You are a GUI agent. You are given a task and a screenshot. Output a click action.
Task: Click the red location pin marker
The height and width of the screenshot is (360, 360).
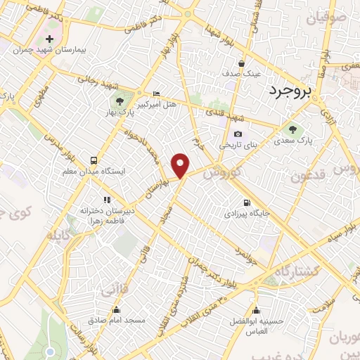[181, 165]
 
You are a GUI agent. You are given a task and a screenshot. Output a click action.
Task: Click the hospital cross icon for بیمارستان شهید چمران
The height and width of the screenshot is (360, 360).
[49, 39]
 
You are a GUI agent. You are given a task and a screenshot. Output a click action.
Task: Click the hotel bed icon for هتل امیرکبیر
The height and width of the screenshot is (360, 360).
[156, 94]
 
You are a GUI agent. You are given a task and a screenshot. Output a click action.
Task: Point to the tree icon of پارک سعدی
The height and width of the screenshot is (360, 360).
[292, 129]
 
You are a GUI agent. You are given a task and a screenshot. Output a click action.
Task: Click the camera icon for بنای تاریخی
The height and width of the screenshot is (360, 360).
[238, 134]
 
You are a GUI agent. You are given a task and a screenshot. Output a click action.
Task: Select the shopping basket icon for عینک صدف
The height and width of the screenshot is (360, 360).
[241, 62]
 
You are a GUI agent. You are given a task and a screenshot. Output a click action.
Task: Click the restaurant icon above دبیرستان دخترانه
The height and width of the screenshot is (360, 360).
[107, 180]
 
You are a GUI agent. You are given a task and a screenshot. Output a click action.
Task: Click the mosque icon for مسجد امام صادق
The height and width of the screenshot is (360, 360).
[117, 309]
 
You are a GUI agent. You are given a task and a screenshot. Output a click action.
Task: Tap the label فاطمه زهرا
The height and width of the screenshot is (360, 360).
[108, 201]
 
